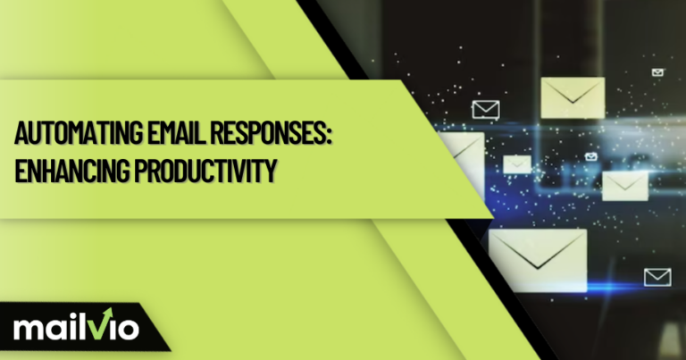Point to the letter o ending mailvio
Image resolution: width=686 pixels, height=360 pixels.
click(x=126, y=329)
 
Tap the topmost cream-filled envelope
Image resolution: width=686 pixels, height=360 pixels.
click(x=572, y=97)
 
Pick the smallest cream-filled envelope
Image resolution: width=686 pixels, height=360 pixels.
click(x=517, y=163)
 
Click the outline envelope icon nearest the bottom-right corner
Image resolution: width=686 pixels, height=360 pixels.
click(x=657, y=277)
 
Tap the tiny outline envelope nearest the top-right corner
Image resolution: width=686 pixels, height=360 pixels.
click(x=658, y=71)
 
